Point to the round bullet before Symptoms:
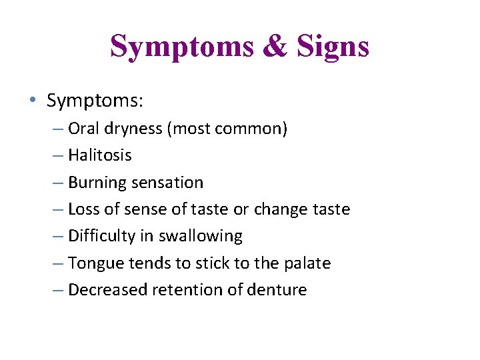[33, 101]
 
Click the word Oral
[82, 129]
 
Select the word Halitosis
[100, 155]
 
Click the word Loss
[83, 209]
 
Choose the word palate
[307, 263]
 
